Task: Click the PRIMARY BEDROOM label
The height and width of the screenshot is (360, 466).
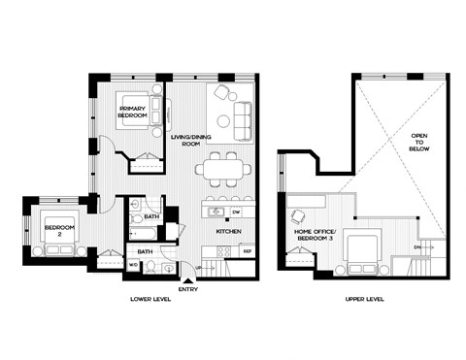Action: [x=133, y=111]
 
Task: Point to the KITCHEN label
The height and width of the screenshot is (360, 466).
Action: [x=228, y=232]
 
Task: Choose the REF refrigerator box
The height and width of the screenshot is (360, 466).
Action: [x=248, y=250]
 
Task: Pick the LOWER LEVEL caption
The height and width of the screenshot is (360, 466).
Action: [x=150, y=301]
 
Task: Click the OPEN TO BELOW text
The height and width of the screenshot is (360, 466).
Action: [x=419, y=144]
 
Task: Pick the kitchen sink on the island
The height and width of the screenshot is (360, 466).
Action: [x=218, y=211]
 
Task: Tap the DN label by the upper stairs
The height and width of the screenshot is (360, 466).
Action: [x=418, y=247]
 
